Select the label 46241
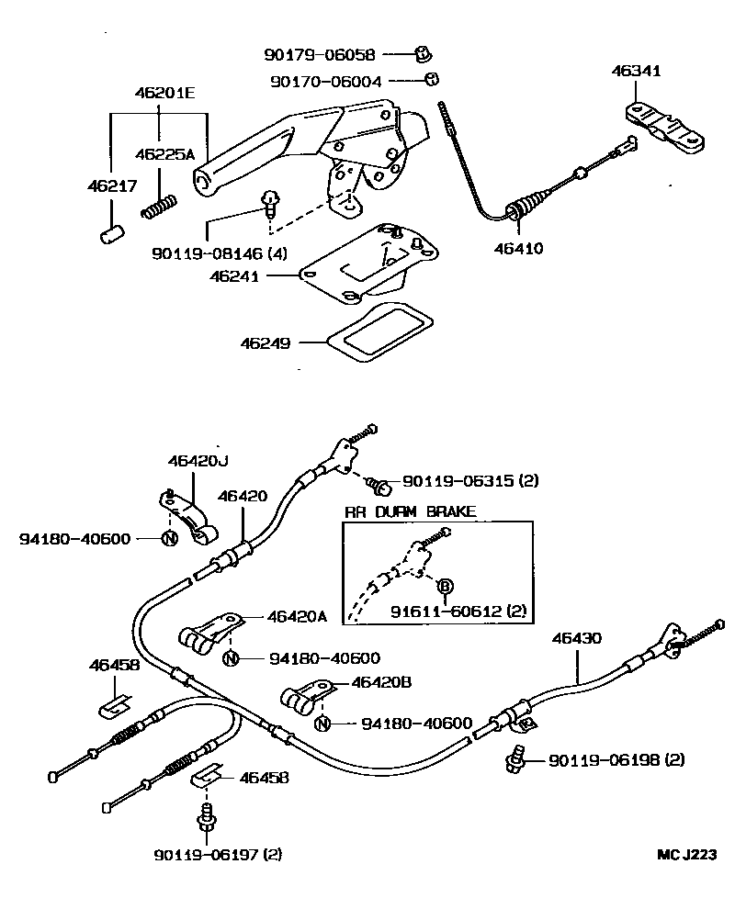[x=263, y=275]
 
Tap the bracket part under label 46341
[x=665, y=125]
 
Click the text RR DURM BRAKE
[x=410, y=511]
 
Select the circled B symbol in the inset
[x=444, y=585]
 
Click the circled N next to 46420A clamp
[x=230, y=657]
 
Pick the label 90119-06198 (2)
[x=616, y=760]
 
